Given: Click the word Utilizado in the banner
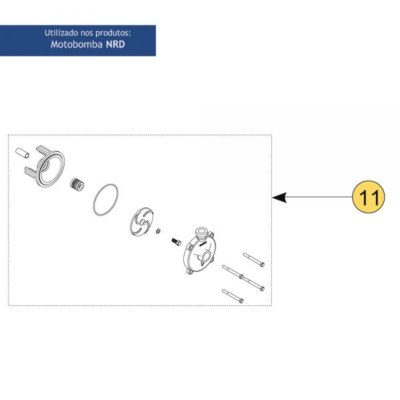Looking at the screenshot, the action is pos(61,33).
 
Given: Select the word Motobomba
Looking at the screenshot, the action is pos(77,45).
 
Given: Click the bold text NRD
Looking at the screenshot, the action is pos(115,45).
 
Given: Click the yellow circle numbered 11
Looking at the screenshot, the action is pos(369,197).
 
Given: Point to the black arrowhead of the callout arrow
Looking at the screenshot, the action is pos(279,197).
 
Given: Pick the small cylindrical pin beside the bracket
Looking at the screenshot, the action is pos(23,153).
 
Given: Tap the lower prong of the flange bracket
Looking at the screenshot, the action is pos(31,172).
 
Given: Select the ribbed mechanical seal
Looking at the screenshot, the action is pos(77,185).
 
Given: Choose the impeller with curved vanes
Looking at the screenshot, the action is pos(142,222).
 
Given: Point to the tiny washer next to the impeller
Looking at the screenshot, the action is pos(158,231).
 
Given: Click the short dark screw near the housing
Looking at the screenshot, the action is pos(176,241).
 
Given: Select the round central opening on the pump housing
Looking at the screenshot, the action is pos(206,257).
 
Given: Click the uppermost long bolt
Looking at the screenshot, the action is pos(254,260).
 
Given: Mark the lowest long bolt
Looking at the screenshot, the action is pos(233,296).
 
